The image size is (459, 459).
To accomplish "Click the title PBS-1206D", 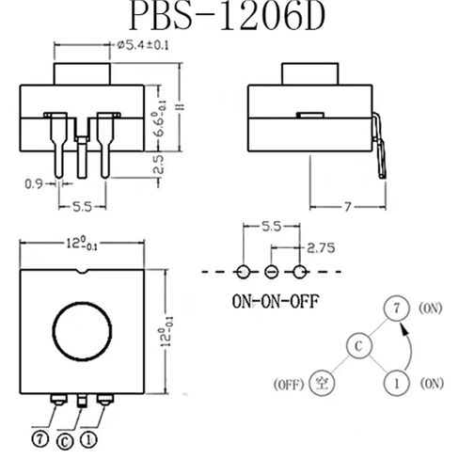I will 229,17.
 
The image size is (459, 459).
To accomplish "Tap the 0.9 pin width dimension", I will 33,183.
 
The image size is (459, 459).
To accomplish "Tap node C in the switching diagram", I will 356,346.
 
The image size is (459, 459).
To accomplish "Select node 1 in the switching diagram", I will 396,383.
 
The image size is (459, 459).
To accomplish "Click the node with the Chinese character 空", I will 321,383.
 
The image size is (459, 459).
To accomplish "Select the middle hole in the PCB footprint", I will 272,271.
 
